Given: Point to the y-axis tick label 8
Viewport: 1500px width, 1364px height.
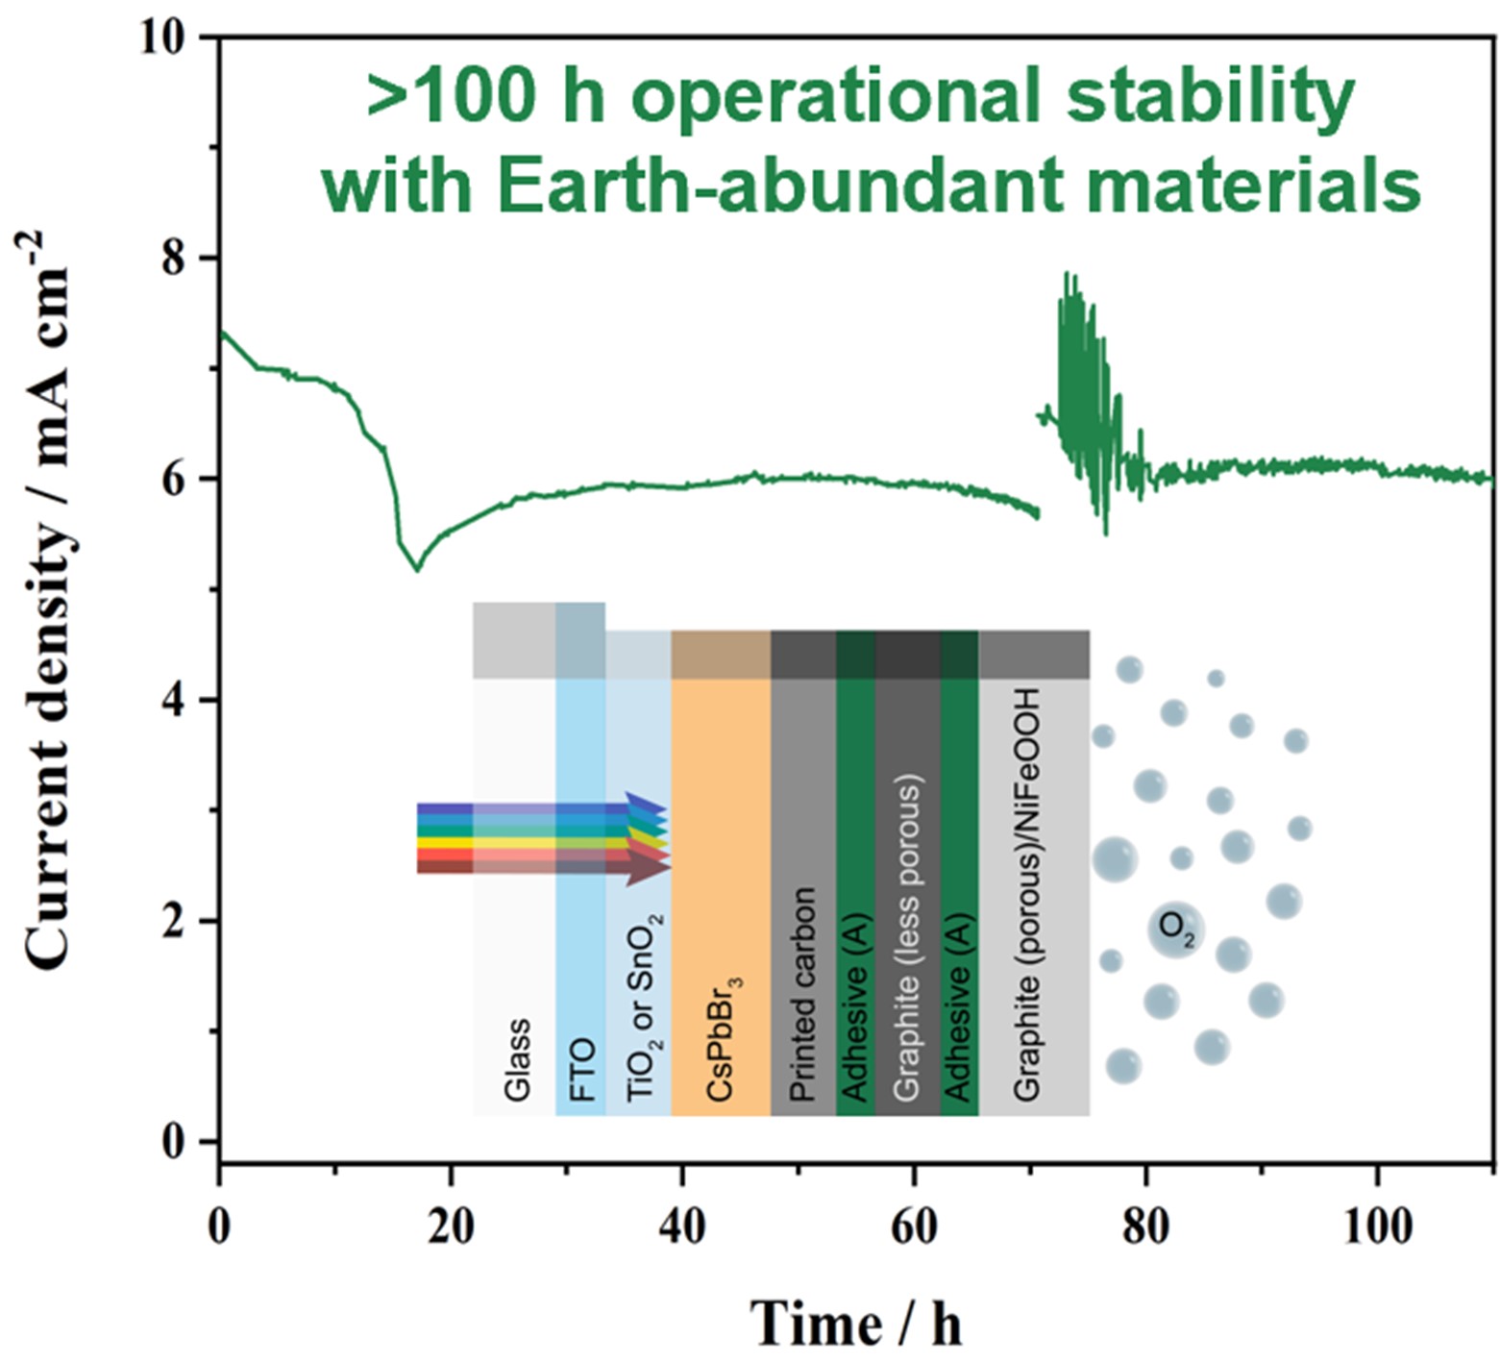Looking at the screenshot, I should tap(175, 260).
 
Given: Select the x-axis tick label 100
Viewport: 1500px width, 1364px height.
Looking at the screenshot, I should tap(1376, 1228).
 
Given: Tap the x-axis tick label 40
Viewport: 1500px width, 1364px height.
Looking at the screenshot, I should tap(682, 1228).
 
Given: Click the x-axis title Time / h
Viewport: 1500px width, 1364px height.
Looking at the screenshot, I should tap(855, 1323).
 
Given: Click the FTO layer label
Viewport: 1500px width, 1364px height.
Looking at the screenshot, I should tap(581, 1069).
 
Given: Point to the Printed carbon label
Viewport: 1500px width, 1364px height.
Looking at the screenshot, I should tap(802, 995).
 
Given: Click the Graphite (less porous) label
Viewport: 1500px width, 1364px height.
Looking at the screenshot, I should tap(907, 937).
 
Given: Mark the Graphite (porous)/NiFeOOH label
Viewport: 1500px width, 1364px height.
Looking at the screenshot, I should tap(1026, 894).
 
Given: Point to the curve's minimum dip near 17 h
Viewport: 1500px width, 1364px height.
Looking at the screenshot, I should tap(416, 570).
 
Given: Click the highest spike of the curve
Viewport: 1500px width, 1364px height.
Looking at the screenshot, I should tap(1067, 274).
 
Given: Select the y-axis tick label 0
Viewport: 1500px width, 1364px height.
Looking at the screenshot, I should tap(175, 1143).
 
